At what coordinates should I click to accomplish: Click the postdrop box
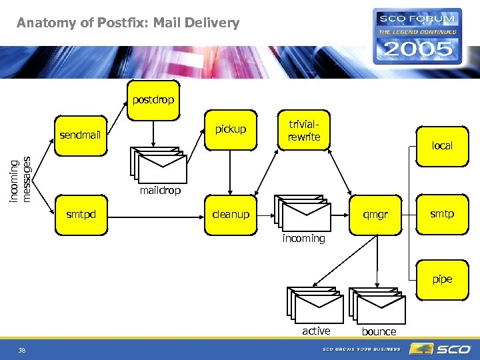(x=153, y=100)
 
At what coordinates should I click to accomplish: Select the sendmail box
(x=80, y=135)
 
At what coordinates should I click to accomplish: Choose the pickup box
(x=230, y=129)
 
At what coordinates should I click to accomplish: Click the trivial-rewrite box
(x=304, y=131)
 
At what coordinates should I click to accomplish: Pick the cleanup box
(x=230, y=214)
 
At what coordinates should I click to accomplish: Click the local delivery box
(x=441, y=146)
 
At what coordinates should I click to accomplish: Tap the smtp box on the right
(x=441, y=214)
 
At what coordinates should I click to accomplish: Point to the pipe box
(x=441, y=279)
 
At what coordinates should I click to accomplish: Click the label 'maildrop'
(x=160, y=191)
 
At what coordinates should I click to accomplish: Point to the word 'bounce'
(x=379, y=331)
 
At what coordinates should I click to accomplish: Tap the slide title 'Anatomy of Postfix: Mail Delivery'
(x=128, y=23)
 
